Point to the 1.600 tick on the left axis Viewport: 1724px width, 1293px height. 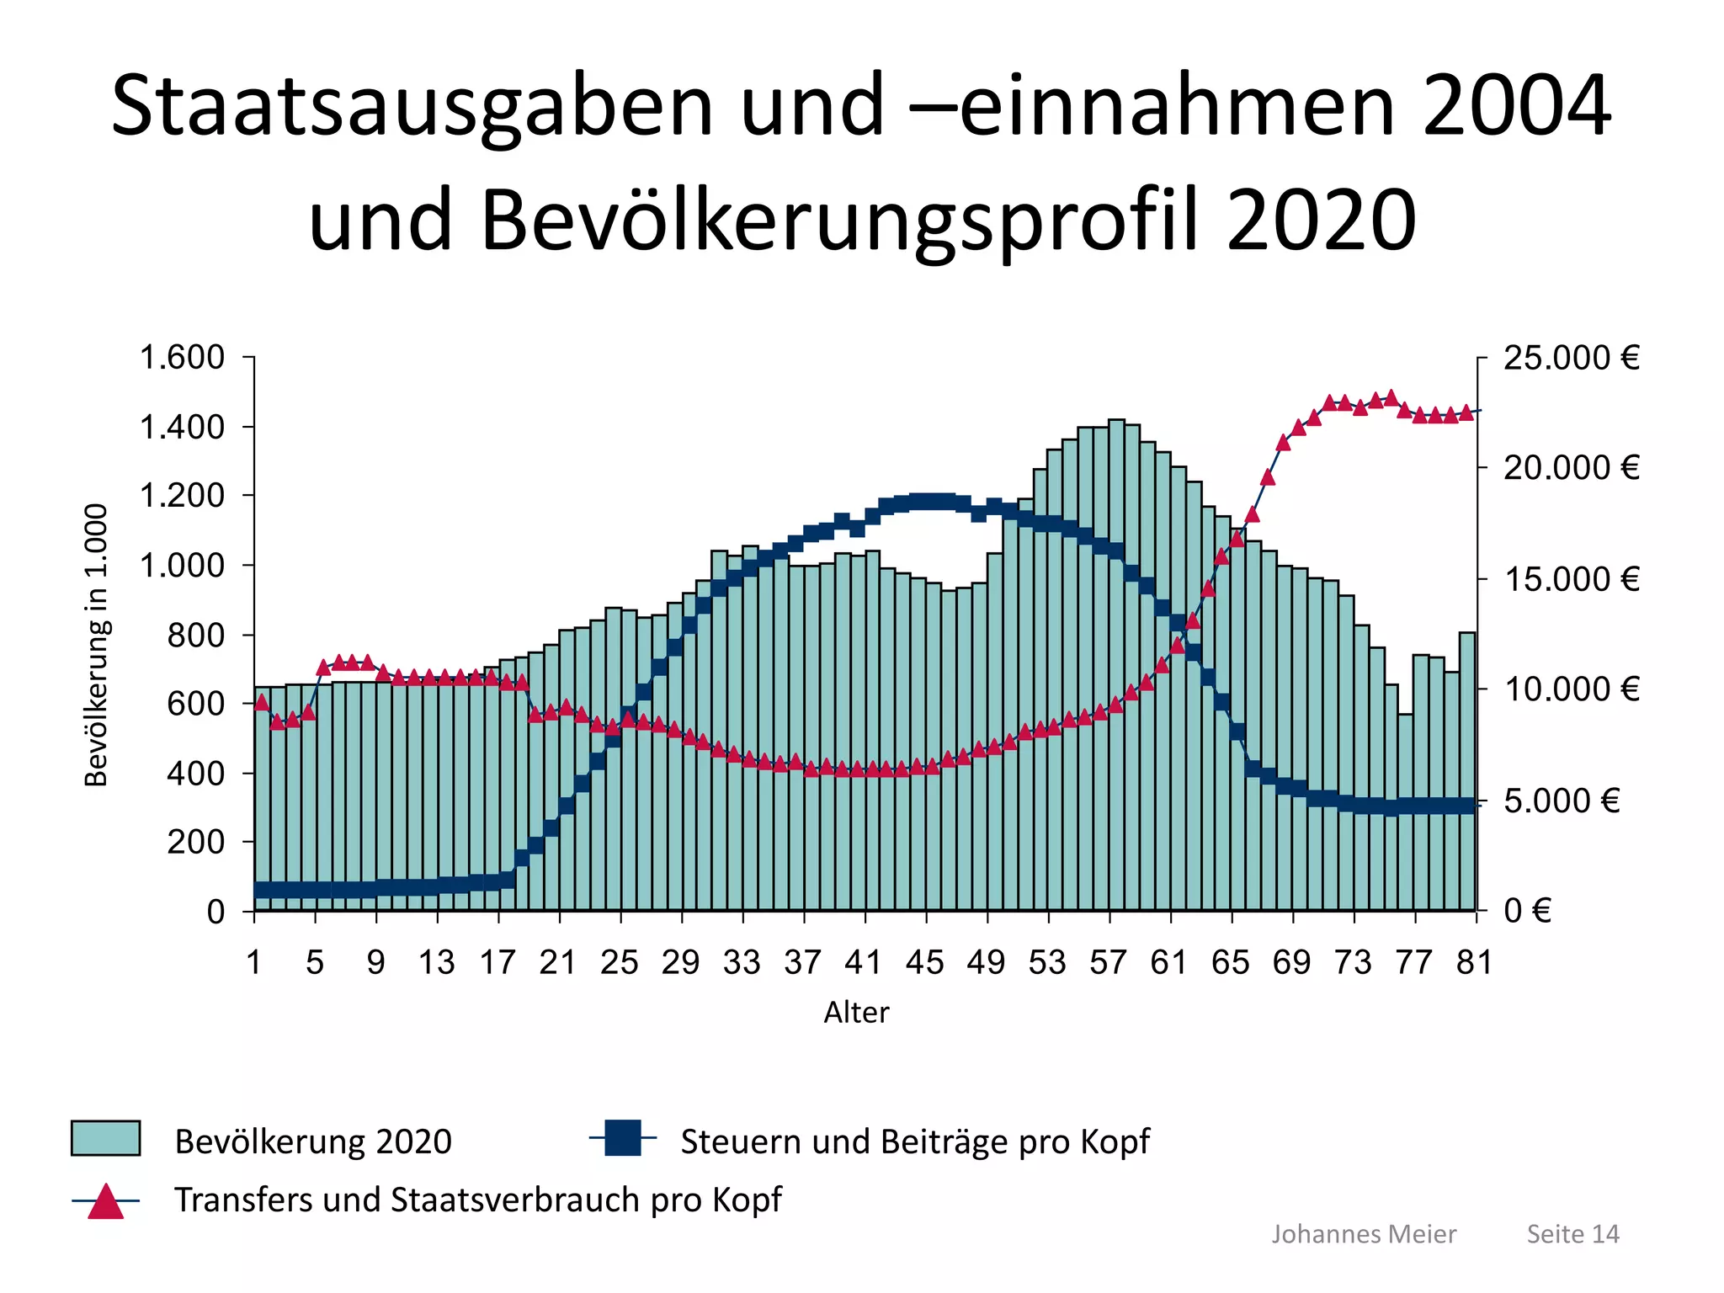182,358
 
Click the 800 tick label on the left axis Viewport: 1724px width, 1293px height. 195,635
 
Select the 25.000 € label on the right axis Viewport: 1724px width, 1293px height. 1572,358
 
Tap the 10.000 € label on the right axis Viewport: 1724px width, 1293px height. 1572,689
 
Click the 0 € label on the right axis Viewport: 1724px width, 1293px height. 1527,911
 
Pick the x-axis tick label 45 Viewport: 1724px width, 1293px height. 924,962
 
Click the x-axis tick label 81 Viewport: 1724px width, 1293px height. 1474,962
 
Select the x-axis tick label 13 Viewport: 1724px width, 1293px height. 436,962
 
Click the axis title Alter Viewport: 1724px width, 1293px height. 855,1012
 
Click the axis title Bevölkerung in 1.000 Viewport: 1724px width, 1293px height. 97,645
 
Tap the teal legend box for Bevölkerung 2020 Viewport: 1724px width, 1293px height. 105,1138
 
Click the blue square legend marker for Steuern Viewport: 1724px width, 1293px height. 623,1138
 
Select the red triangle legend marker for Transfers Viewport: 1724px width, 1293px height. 106,1201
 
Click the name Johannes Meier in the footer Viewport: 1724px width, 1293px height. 1363,1234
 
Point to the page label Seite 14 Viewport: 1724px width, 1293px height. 1572,1234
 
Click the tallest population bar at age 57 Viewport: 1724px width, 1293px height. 1116,665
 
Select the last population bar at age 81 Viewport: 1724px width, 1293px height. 1467,770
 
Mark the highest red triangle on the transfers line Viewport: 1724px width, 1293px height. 1391,398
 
